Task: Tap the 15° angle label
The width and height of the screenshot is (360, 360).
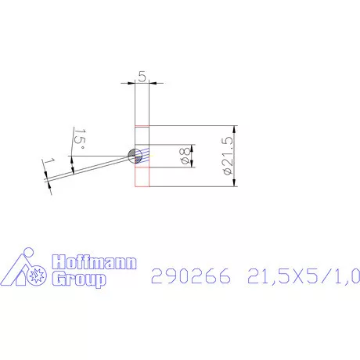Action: pyautogui.click(x=79, y=139)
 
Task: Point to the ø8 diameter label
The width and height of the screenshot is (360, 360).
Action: pyautogui.click(x=185, y=155)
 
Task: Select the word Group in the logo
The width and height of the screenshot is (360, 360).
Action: pyautogui.click(x=77, y=279)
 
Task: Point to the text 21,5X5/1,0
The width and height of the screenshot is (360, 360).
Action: pyautogui.click(x=303, y=276)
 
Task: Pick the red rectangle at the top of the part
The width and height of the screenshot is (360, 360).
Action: pyautogui.click(x=142, y=135)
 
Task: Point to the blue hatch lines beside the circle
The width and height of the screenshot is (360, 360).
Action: pyautogui.click(x=142, y=156)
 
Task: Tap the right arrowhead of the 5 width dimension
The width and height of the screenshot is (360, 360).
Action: pyautogui.click(x=152, y=81)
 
